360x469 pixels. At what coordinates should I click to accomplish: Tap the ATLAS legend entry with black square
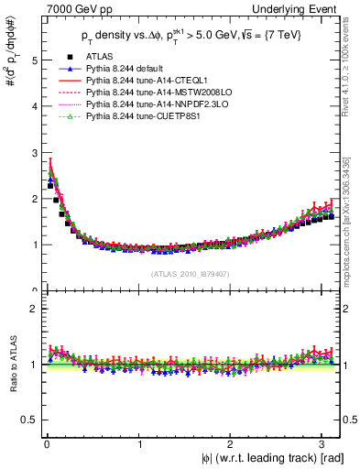102,58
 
